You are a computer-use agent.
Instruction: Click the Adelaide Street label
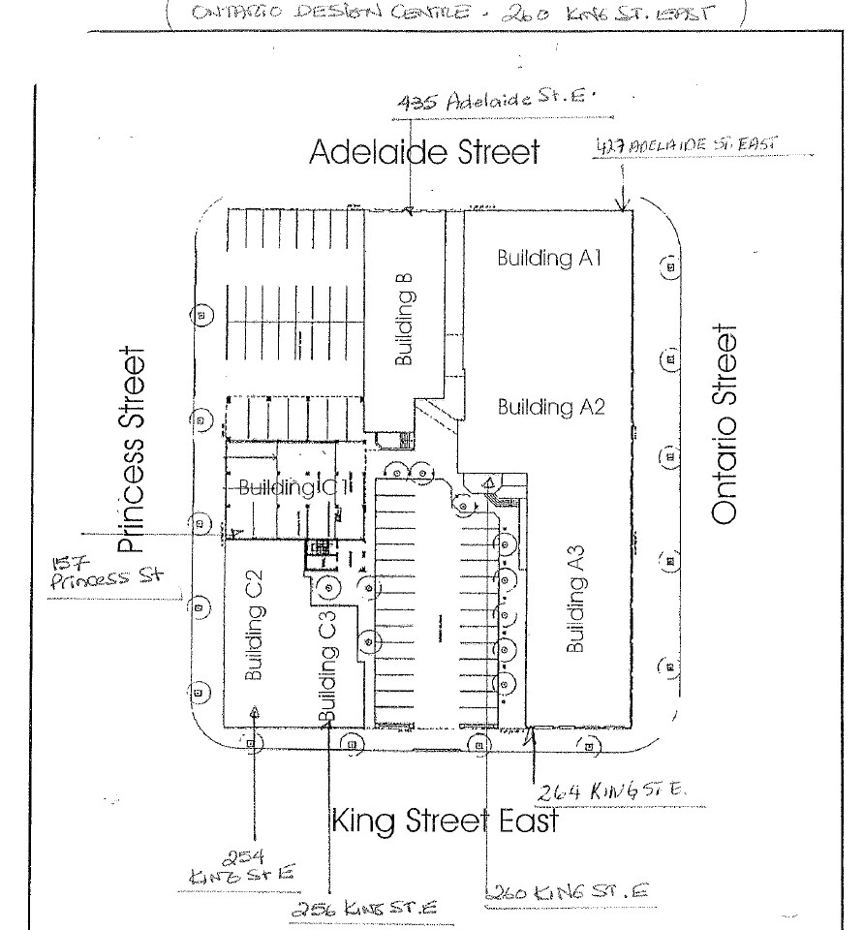click(423, 152)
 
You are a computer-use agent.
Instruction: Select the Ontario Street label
click(727, 424)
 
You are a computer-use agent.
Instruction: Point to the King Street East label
click(445, 822)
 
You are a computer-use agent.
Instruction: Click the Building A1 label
click(551, 259)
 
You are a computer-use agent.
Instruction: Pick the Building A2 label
click(551, 407)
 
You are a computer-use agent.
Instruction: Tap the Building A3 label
click(575, 613)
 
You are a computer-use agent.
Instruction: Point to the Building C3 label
click(327, 666)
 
